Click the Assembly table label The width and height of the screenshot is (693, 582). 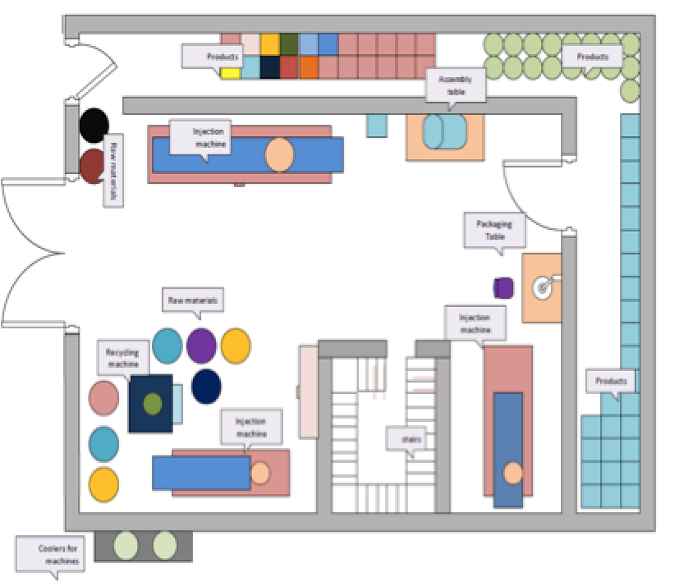[455, 85]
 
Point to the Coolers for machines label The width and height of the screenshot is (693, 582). [59, 554]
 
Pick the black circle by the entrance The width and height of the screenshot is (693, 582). [94, 124]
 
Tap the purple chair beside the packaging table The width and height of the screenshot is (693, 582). [504, 287]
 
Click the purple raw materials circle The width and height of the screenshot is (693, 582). [201, 346]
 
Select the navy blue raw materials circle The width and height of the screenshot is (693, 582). [206, 386]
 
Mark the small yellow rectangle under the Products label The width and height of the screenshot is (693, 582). [230, 73]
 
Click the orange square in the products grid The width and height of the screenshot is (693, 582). [309, 67]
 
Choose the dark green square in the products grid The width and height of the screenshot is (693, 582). [289, 44]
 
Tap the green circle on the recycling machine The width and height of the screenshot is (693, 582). [152, 403]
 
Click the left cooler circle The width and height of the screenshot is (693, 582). [126, 545]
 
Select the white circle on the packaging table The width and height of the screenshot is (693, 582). [543, 287]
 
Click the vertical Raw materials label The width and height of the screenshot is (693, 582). [112, 170]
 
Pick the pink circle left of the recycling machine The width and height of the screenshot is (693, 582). [103, 397]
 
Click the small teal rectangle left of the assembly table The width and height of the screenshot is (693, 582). [376, 125]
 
